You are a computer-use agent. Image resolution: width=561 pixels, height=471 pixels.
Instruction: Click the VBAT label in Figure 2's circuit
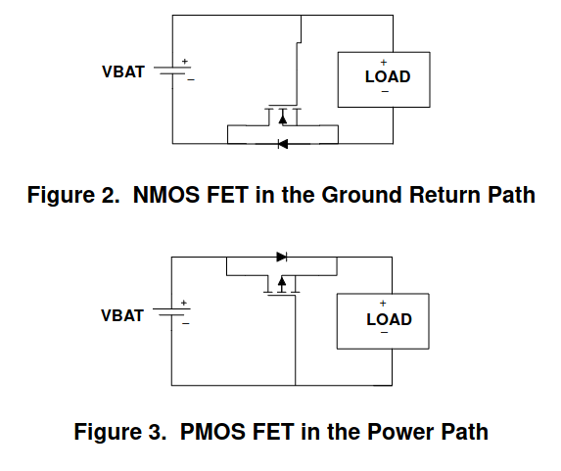[x=123, y=71]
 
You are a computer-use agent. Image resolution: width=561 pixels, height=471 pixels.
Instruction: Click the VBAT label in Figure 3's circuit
[x=122, y=315]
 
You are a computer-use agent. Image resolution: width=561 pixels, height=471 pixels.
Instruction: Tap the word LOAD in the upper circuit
[x=388, y=77]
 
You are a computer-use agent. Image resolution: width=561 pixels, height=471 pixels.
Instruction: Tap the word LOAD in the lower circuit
[x=390, y=319]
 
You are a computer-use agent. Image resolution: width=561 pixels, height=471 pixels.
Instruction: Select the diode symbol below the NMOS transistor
[x=283, y=144]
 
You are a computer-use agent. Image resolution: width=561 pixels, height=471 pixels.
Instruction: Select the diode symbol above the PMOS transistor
[x=282, y=257]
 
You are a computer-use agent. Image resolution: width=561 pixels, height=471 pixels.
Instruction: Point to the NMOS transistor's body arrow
[x=283, y=118]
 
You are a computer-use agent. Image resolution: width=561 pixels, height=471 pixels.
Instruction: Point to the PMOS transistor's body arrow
[x=282, y=285]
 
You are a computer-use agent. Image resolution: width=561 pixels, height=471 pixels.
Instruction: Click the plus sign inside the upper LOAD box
[x=384, y=63]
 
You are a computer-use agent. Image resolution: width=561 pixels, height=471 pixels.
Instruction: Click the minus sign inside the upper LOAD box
[x=385, y=92]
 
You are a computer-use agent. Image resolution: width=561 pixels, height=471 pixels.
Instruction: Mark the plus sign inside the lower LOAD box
[x=383, y=304]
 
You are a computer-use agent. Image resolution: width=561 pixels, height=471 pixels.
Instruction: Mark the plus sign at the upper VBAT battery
[x=185, y=62]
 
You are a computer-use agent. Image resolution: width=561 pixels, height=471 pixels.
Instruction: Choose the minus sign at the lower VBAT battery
[x=185, y=324]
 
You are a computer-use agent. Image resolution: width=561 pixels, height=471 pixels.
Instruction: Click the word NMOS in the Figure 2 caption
[x=166, y=195]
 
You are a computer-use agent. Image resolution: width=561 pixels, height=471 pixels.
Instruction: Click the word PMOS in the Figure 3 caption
[x=212, y=432]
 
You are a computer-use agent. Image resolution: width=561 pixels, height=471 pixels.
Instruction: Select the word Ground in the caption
[x=361, y=195]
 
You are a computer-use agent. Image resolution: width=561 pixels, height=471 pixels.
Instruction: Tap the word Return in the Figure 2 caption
[x=445, y=195]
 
